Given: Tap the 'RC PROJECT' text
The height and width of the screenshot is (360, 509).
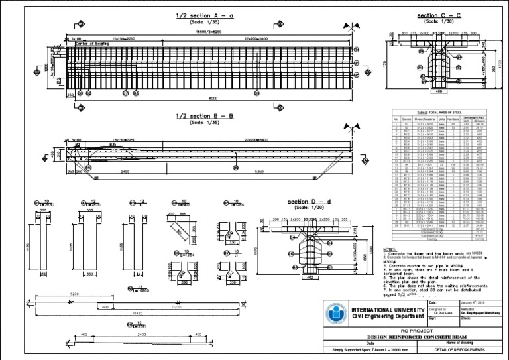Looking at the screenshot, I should click(414, 328).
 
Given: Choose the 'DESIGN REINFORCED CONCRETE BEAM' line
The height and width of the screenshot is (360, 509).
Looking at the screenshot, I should click(414, 337).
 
